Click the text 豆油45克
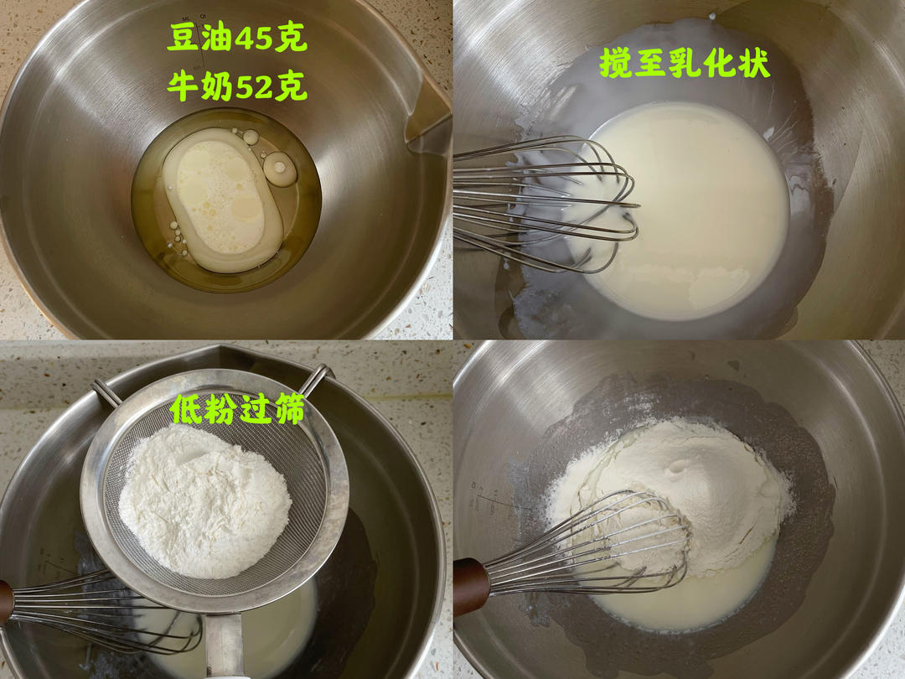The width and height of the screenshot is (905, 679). pos(237,39)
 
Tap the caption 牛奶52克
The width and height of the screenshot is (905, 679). pos(237,86)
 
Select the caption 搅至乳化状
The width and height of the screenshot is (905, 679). pos(685,63)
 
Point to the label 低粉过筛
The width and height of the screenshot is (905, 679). pos(237,409)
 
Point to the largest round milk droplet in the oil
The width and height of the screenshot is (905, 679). pos(281,168)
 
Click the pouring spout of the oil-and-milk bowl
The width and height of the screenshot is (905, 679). pos(427,116)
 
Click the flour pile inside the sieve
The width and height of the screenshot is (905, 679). pos(205,501)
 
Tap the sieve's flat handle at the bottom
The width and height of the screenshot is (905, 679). pos(225,645)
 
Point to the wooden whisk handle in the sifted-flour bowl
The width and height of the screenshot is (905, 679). pos(471,587)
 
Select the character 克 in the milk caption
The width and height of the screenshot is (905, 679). pos(292,86)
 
